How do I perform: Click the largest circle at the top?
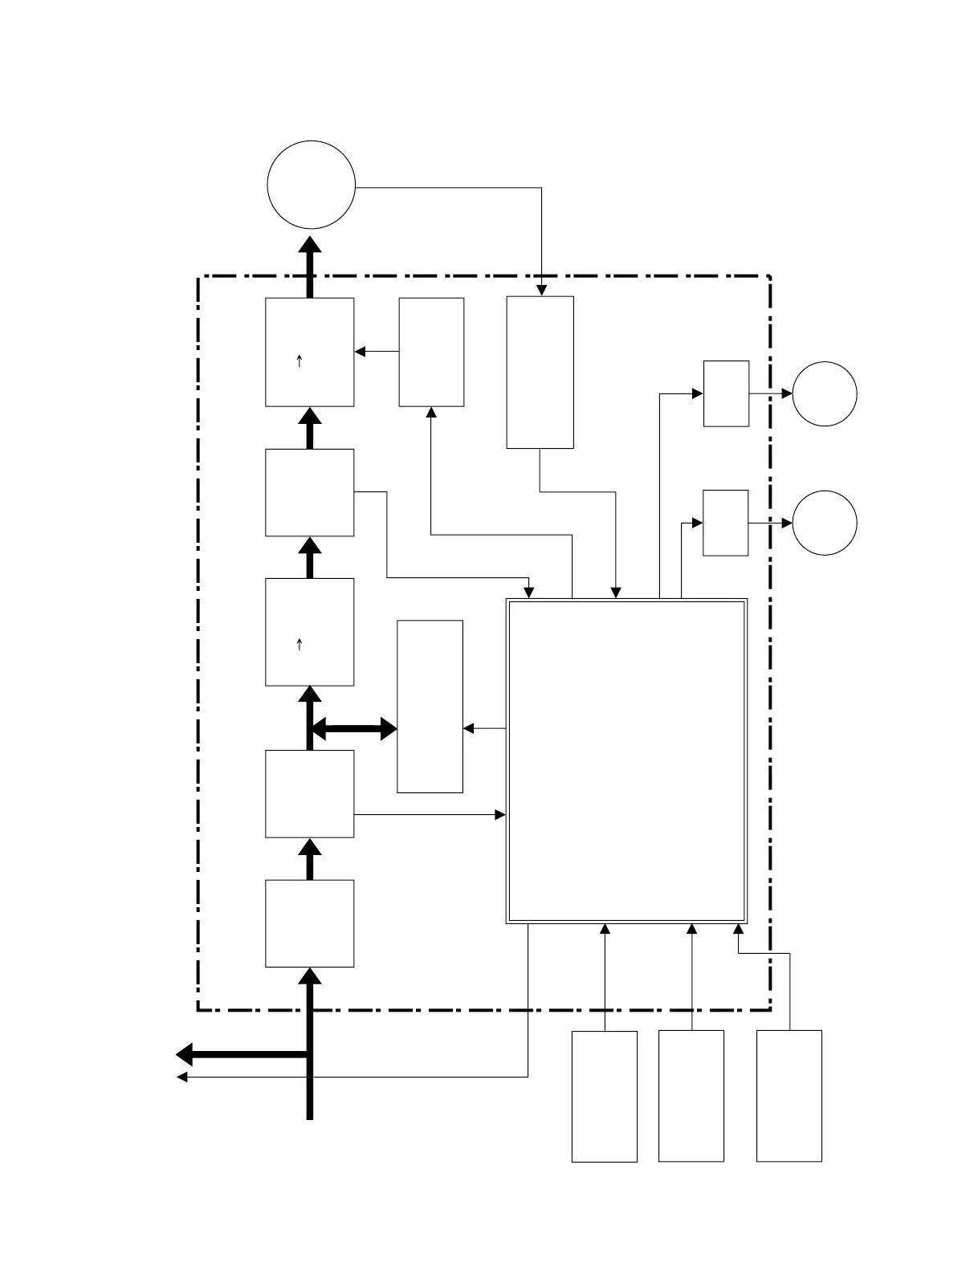click(311, 185)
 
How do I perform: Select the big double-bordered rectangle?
click(627, 760)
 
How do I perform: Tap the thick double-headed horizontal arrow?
click(354, 730)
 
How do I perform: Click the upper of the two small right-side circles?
click(825, 394)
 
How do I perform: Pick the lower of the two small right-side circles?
click(825, 523)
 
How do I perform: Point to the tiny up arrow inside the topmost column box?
click(300, 361)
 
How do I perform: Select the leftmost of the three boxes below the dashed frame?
click(605, 1096)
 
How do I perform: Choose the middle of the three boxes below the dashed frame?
click(691, 1096)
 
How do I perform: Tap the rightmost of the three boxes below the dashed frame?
click(789, 1096)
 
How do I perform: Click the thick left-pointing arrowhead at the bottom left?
click(184, 1054)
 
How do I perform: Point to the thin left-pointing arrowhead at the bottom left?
click(181, 1077)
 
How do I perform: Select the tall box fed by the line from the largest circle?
click(540, 372)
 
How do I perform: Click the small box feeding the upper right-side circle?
click(727, 393)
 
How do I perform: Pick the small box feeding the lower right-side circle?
click(726, 523)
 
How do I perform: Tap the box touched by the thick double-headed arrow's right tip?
click(430, 707)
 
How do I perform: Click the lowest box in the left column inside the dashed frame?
click(310, 923)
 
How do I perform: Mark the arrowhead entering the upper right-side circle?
click(787, 394)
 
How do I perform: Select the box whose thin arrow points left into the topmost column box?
click(432, 352)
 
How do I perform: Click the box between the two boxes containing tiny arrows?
click(310, 492)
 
